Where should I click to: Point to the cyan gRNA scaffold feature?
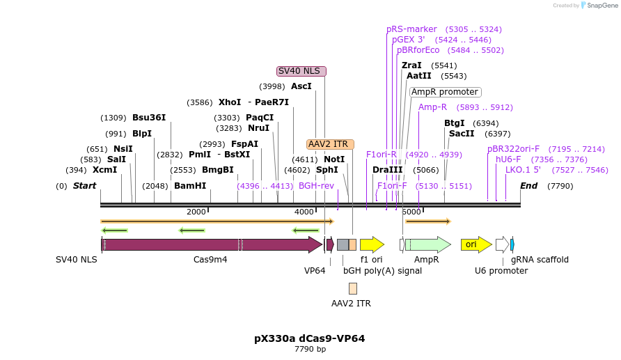pos(512,244)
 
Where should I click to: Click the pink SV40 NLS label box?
pos(301,71)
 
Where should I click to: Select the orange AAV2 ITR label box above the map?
pos(327,144)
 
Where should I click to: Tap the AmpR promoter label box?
pos(445,92)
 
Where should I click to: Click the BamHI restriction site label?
pos(190,186)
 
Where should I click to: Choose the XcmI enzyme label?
pos(104,170)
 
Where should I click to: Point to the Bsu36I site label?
pos(149,118)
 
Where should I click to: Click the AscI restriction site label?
pos(301,86)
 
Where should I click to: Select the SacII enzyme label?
pos(461,133)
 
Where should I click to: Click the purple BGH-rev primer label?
pos(316,186)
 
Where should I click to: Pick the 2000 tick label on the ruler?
pos(196,212)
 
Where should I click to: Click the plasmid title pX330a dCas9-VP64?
pos(309,338)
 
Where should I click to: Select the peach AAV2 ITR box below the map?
pos(353,288)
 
